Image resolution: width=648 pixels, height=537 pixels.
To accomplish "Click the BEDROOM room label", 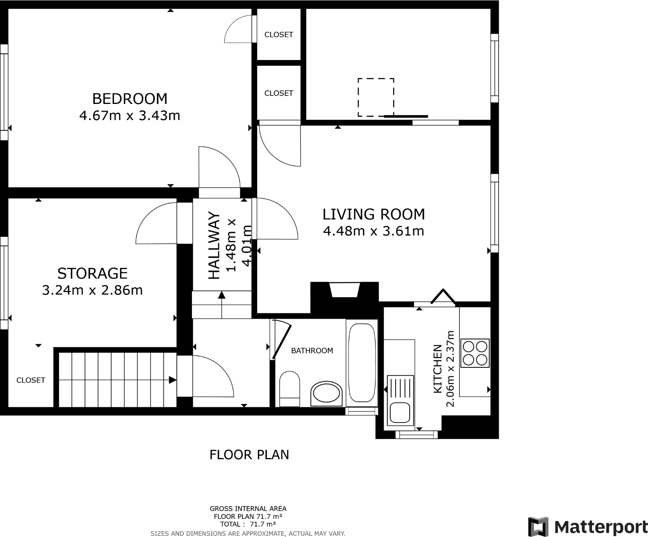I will [x=130, y=99].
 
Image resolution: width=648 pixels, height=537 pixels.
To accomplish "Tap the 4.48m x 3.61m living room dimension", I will [x=374, y=231].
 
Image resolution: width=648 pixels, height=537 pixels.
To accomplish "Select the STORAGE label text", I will [x=92, y=274].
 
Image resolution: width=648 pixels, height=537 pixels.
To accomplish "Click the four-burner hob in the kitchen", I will [x=475, y=353].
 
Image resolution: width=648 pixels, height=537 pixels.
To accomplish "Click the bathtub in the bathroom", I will [x=362, y=363].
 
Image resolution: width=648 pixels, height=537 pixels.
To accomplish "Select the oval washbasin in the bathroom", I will [x=326, y=394].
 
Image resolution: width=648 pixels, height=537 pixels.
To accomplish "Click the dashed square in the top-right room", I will [x=376, y=97].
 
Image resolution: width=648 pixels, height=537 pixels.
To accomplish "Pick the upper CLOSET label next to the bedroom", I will [x=279, y=35].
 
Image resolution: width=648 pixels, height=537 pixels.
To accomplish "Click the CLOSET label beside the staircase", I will [x=31, y=380].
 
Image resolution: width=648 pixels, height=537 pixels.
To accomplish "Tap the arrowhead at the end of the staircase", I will [x=173, y=380].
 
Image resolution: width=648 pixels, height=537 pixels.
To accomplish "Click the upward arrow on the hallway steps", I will [x=221, y=296].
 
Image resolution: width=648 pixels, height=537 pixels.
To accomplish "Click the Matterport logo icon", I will [x=538, y=527].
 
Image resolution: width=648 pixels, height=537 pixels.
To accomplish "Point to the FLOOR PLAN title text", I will [x=249, y=455].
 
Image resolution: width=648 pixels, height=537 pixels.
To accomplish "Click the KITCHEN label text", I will [x=438, y=369].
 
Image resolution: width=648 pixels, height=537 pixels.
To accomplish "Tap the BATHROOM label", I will [x=312, y=351].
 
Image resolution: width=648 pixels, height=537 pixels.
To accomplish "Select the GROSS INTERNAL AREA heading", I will [x=248, y=509].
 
